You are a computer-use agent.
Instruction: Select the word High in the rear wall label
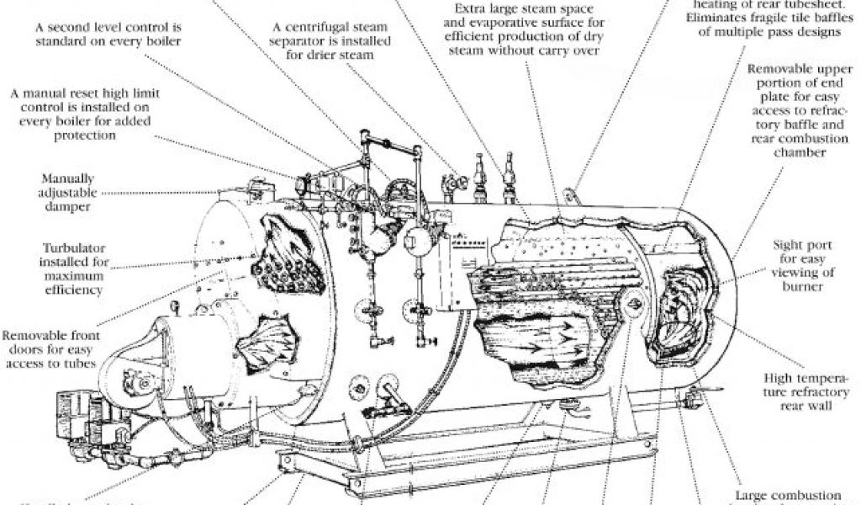(780, 379)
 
